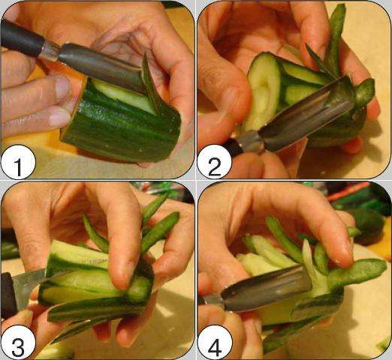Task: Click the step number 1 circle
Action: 18,163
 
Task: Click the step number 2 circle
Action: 214,163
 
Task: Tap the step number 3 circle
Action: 18,343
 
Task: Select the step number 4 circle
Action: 215,343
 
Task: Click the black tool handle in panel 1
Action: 21,37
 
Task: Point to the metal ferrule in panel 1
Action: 50,51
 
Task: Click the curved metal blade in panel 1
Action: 100,66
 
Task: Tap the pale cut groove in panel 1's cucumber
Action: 122,95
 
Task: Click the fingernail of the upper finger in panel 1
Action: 62,87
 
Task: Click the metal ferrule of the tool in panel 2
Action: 249,142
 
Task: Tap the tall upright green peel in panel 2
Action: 336,37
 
